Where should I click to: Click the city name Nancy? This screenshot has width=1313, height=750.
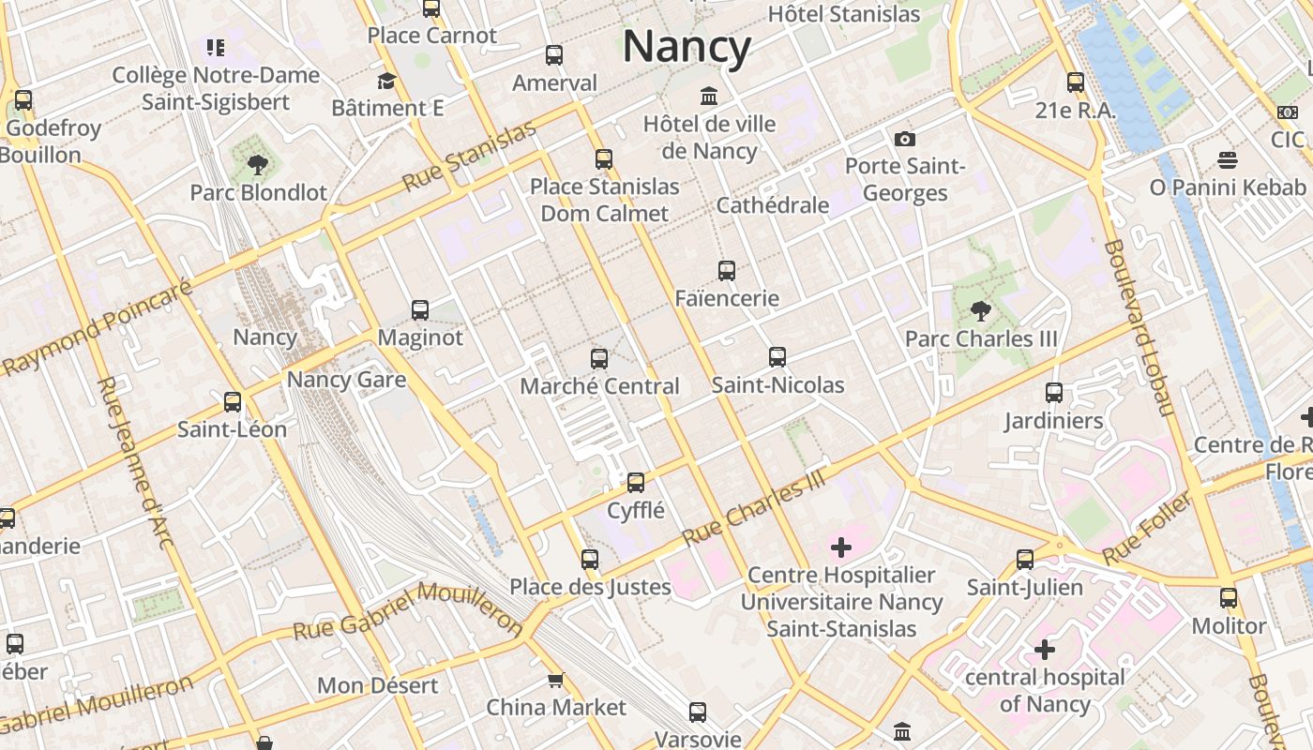point(687,47)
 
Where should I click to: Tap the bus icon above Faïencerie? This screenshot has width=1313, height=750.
point(726,271)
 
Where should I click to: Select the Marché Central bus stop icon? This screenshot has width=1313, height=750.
point(598,358)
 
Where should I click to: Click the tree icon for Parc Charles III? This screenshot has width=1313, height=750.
point(980,310)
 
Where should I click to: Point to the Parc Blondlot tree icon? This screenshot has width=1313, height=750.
point(257,165)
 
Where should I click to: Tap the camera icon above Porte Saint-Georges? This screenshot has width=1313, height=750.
point(904,139)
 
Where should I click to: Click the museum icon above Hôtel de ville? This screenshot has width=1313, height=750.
point(709,96)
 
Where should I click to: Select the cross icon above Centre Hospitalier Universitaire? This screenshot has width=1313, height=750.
point(840,547)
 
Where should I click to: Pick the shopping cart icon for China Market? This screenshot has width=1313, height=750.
point(555,680)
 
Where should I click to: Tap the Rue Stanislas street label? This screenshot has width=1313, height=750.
point(469,157)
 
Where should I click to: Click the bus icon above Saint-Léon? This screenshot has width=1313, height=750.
point(232,402)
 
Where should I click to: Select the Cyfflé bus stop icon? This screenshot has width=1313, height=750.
point(635,483)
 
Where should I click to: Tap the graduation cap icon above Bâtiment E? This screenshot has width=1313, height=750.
point(386,81)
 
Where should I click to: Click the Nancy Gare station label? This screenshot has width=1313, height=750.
point(346,380)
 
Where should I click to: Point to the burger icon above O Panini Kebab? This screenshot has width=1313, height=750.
point(1227,159)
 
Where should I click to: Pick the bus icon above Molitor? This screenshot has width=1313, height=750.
point(1228,597)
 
